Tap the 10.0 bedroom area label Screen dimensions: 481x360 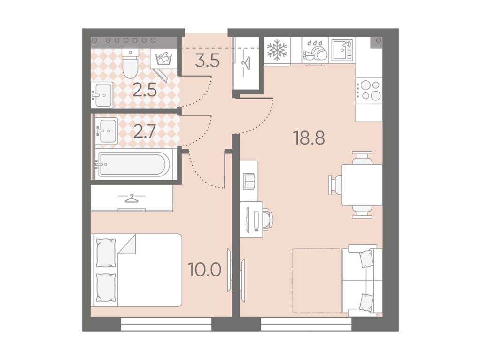(x=205, y=270)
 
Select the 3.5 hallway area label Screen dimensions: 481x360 (x=208, y=61)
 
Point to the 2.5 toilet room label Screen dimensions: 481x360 (x=145, y=90)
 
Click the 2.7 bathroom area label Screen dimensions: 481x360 (x=145, y=132)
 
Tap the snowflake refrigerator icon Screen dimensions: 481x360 (x=277, y=49)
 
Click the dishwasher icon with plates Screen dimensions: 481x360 (x=315, y=51)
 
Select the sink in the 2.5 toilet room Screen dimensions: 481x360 (x=102, y=95)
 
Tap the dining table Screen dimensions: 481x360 (x=362, y=185)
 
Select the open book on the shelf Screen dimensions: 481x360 (x=249, y=181)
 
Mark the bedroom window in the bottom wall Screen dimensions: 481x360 (x=166, y=324)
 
